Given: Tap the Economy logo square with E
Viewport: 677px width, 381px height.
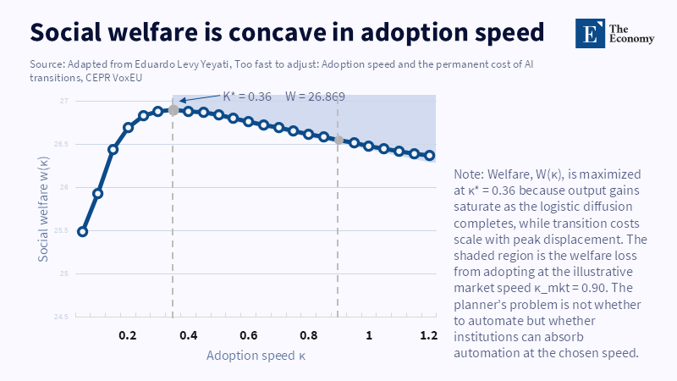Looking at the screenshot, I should (x=587, y=31).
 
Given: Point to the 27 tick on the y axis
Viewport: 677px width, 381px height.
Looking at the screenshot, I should (x=64, y=101).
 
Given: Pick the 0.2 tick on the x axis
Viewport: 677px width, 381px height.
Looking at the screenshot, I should (x=127, y=335).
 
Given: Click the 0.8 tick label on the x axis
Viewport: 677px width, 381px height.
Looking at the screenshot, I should (x=308, y=335).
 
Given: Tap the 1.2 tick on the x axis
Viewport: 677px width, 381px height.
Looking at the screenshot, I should (x=428, y=335).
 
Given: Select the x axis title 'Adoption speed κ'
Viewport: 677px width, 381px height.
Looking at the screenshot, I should (x=256, y=356).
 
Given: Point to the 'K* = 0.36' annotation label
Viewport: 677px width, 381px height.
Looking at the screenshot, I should (x=247, y=97).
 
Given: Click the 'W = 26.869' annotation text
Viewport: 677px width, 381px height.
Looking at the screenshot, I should (x=315, y=97).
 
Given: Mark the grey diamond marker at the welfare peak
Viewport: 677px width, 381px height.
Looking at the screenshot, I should (x=173, y=110).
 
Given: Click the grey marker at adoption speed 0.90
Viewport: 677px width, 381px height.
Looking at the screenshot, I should (x=338, y=140).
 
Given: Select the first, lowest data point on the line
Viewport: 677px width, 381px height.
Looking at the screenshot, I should (x=82, y=231).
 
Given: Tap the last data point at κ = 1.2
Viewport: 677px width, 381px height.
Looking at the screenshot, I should (x=429, y=156).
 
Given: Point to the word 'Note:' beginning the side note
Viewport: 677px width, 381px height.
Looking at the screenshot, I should (x=471, y=174).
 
